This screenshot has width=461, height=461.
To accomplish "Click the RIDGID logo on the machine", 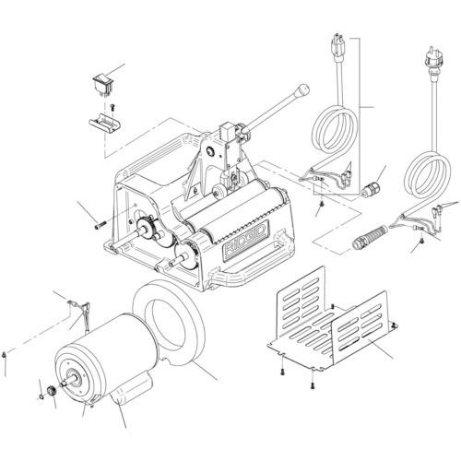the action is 245,241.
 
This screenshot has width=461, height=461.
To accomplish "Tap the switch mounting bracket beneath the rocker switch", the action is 104,124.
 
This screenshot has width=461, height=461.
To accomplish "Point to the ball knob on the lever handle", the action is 302,89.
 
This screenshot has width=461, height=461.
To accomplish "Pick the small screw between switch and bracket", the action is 112,107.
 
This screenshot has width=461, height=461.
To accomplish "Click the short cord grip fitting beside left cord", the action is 369,189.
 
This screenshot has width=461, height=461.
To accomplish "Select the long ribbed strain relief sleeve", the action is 370,236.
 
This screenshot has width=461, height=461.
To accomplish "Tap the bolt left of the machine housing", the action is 100,225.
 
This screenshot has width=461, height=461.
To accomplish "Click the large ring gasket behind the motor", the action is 169,323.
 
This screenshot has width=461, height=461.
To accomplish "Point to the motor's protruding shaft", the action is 68,382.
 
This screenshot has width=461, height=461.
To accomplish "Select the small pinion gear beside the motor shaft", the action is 51,392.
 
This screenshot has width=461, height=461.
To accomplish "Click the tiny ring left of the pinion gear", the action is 41,397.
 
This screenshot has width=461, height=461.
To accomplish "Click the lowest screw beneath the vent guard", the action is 313,385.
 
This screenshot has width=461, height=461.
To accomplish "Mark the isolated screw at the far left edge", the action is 4,355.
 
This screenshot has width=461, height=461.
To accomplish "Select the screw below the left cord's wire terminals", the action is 322,204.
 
